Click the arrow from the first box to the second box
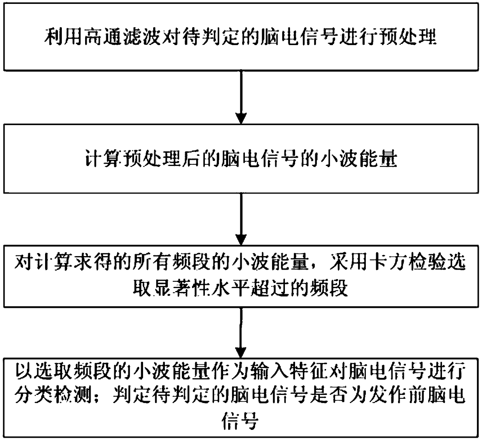tap(241, 97)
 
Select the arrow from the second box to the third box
tap(241, 220)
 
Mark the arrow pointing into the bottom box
tap(241, 334)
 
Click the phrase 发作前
tap(397, 396)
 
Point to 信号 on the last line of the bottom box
tap(240, 420)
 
